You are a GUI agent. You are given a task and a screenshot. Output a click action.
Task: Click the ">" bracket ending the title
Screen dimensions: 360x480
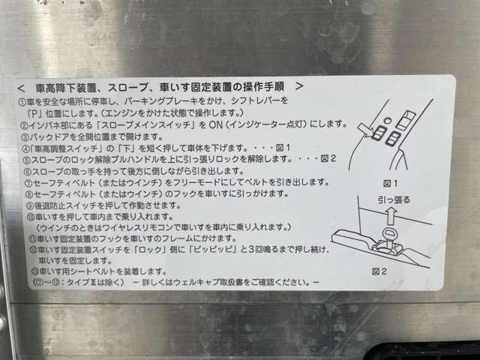click(x=300, y=86)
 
